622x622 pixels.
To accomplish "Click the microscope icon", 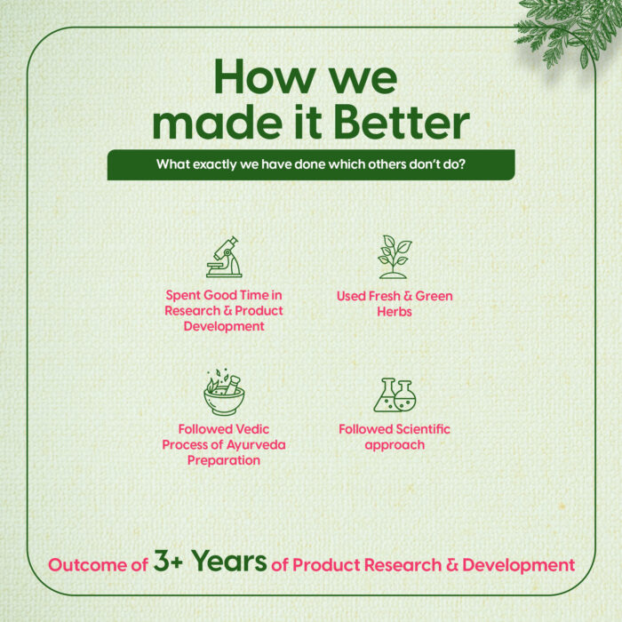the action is pyautogui.click(x=224, y=257).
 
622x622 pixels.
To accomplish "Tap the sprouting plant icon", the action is pyautogui.click(x=394, y=257).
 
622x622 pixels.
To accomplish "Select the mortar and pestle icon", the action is pyautogui.click(x=224, y=392).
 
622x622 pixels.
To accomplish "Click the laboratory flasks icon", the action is pyautogui.click(x=395, y=395).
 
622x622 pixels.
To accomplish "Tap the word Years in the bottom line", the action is pyautogui.click(x=228, y=562).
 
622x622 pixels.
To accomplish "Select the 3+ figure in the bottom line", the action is pyautogui.click(x=168, y=561).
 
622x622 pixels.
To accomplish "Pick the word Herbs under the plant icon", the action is pyautogui.click(x=395, y=312).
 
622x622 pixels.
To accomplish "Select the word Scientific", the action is pyautogui.click(x=423, y=429).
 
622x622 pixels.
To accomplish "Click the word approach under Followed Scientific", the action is pyautogui.click(x=395, y=445).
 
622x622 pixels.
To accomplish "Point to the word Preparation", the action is pyautogui.click(x=224, y=460).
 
